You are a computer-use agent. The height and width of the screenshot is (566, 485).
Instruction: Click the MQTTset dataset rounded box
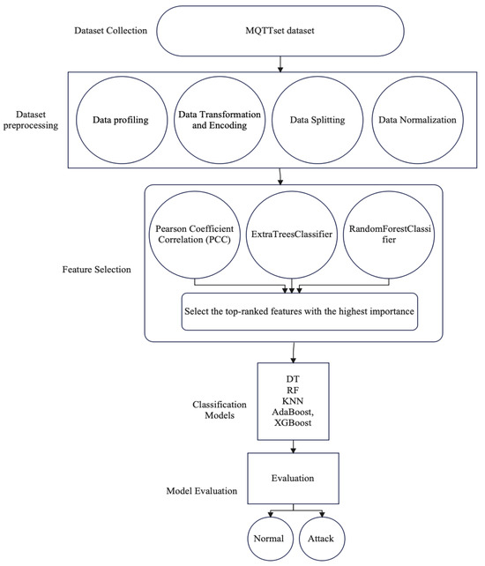point(280,32)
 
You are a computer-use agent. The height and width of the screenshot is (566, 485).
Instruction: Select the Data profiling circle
point(124,119)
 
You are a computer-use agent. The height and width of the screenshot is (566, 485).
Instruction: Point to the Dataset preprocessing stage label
point(34,120)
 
